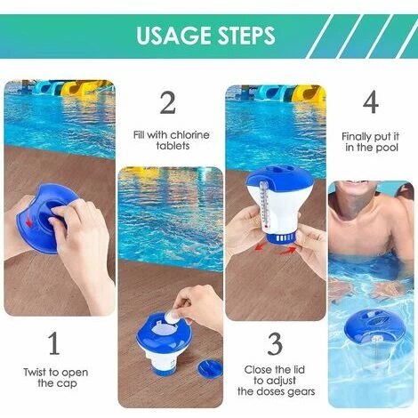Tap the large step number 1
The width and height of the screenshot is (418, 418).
point(54,342)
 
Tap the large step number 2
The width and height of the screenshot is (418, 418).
point(167,103)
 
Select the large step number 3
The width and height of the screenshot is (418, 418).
point(275,343)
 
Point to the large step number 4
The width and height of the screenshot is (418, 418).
point(370,103)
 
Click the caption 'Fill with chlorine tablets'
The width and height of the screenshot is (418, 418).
point(172,141)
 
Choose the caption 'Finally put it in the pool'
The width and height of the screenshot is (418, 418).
point(369,141)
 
